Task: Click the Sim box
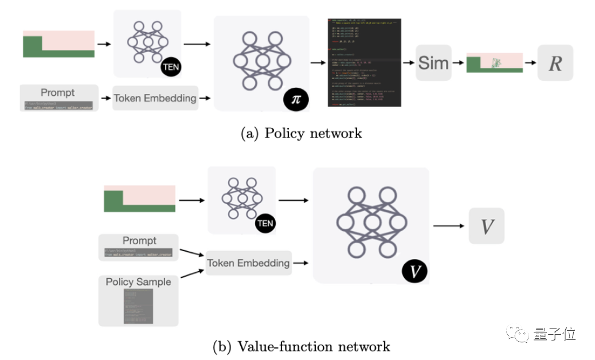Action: point(433,62)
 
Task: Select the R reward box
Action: point(555,62)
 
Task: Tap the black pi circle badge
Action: point(296,99)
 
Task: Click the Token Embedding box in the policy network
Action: point(155,98)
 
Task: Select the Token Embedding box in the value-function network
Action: point(248,263)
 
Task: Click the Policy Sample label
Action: point(138,281)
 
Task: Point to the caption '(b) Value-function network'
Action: point(301,346)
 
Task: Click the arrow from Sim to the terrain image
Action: point(459,62)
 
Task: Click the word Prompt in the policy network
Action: point(57,92)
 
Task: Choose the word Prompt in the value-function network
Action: point(139,241)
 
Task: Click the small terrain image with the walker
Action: point(495,62)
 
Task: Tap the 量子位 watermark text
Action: point(555,333)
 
